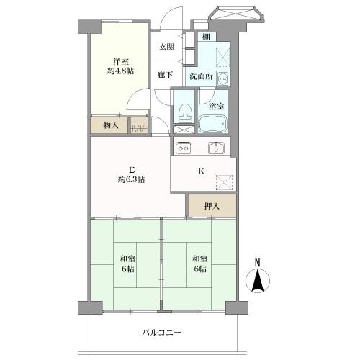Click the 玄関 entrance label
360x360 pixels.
tap(167, 47)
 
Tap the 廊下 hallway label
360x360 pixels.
tap(166, 75)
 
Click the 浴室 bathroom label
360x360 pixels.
tap(216, 107)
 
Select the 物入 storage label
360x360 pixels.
tap(109, 126)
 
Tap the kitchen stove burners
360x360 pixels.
tap(182, 149)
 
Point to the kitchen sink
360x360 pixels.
tap(216, 149)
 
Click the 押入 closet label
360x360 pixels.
tap(211, 206)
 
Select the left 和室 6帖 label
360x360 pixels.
tap(127, 264)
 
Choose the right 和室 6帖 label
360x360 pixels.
tap(199, 264)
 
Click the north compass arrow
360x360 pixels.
tap(257, 281)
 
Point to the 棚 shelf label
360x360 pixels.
tap(206, 37)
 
